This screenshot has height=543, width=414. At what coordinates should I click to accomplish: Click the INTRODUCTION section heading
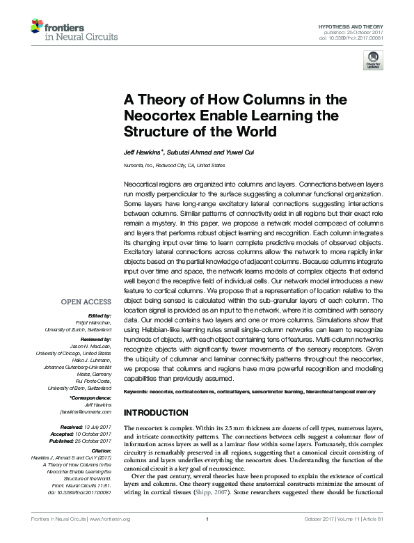[160, 413]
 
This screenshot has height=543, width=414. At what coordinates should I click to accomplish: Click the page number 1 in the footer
[207, 537]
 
